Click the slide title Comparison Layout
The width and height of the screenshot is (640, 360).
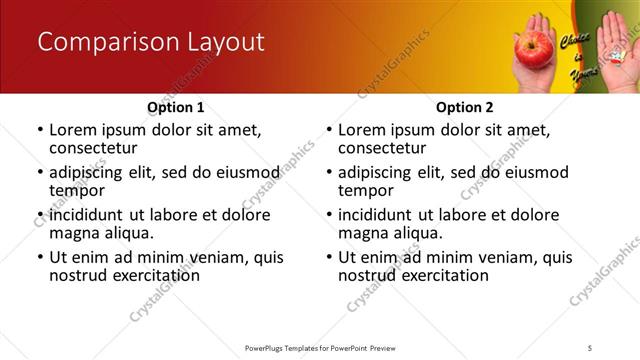pos(150,42)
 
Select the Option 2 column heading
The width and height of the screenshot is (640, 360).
pos(464,107)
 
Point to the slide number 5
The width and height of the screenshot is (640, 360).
pos(590,347)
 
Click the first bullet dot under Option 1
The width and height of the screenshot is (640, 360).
pos(40,130)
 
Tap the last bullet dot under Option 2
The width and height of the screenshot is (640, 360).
pos(329,257)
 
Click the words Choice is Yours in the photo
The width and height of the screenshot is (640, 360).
pos(577,55)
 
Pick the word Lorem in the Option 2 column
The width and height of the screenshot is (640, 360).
pos(362,129)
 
